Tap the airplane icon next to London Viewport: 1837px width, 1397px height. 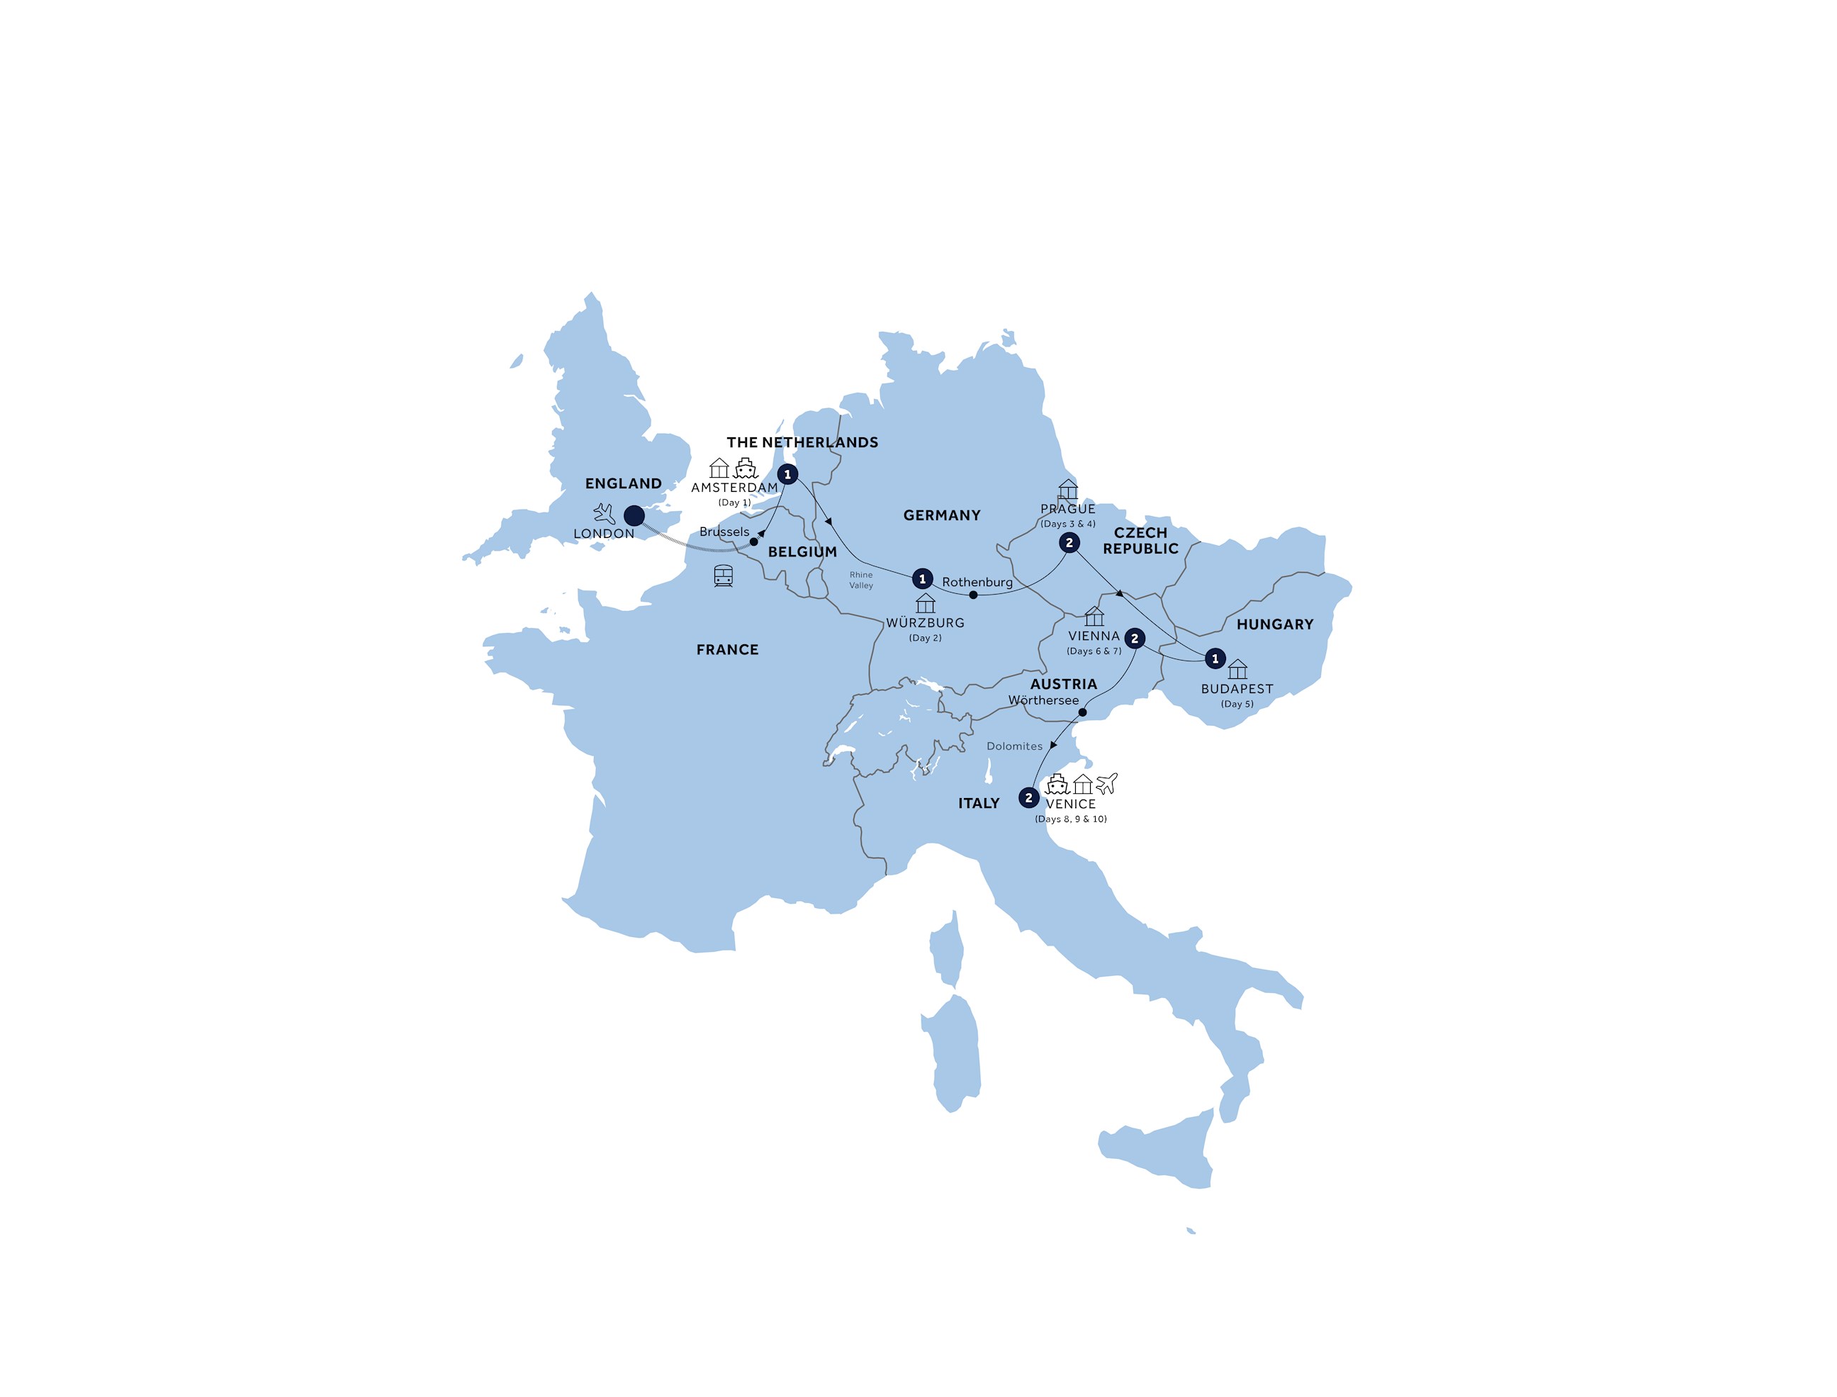tap(605, 513)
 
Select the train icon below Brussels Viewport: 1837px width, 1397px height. tap(724, 576)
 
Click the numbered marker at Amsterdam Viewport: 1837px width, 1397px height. tap(787, 475)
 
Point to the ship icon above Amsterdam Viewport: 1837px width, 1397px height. tap(746, 469)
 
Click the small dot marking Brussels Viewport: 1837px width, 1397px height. tap(753, 542)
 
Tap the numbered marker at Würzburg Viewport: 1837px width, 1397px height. tap(922, 579)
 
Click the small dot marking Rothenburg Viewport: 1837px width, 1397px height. tap(973, 595)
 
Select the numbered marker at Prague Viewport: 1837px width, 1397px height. tap(1069, 543)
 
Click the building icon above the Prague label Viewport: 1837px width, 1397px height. tap(1068, 489)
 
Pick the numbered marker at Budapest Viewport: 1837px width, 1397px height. tap(1215, 658)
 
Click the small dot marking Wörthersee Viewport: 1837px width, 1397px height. tap(1082, 712)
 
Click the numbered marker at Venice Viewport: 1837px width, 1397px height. tap(1028, 798)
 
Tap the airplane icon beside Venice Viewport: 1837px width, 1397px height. tap(1107, 782)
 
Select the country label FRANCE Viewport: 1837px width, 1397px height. tap(727, 649)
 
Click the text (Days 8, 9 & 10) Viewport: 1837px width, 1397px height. tap(1070, 819)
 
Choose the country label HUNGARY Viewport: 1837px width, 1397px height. tap(1274, 624)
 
